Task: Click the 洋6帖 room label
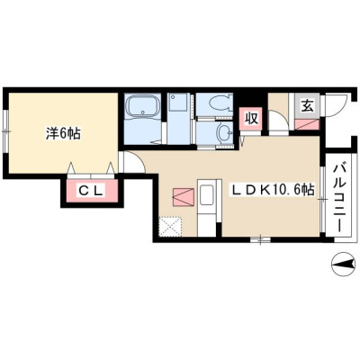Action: click(63, 133)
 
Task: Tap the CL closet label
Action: click(91, 191)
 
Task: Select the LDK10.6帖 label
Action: click(272, 189)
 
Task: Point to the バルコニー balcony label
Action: click(339, 197)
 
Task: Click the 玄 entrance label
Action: click(306, 106)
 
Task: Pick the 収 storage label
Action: click(252, 119)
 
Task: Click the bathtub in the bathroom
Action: click(143, 106)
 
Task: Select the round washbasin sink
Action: click(224, 132)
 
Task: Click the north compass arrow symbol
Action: click(343, 264)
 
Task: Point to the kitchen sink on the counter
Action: click(207, 194)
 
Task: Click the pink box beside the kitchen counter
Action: click(184, 197)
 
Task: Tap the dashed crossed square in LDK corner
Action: click(170, 226)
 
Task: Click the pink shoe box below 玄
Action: click(306, 124)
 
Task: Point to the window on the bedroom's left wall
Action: click(6, 131)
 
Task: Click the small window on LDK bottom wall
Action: click(260, 239)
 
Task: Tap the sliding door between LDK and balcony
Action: click(322, 199)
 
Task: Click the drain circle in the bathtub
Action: click(143, 112)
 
